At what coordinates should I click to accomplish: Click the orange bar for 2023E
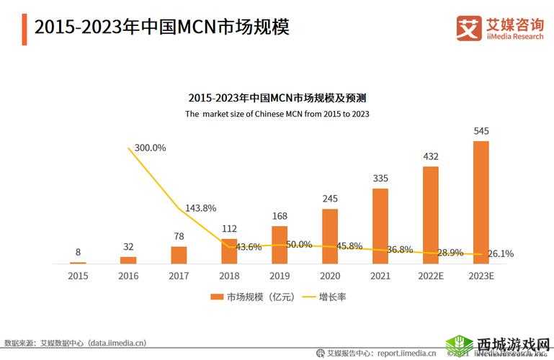481,202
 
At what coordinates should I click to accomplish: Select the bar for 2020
330,236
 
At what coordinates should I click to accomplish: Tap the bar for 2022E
431,215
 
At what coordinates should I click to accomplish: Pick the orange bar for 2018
229,251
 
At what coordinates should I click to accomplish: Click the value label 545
481,131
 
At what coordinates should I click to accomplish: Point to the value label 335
380,179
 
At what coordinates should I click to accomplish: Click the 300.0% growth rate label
150,148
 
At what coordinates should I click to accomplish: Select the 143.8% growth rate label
200,208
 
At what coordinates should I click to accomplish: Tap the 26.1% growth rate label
500,253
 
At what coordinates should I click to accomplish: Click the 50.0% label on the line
298,245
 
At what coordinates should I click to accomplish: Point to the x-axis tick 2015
78,276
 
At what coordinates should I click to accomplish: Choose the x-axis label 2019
280,276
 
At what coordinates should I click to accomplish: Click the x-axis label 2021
380,276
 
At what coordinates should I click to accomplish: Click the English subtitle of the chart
277,114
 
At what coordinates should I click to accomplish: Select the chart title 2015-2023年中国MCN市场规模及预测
277,98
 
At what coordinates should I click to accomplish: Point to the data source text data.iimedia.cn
117,343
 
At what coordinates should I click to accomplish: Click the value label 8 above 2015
78,252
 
